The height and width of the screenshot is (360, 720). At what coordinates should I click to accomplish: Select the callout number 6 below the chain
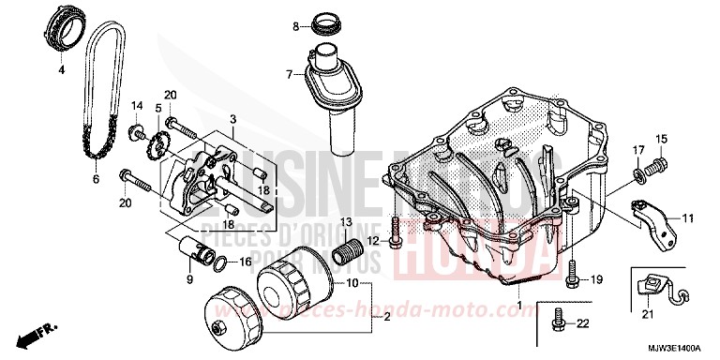pyautogui.click(x=95, y=178)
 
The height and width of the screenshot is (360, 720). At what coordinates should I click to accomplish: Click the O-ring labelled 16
pyautogui.click(x=217, y=262)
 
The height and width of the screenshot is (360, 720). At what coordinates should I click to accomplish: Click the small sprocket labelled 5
pyautogui.click(x=158, y=147)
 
